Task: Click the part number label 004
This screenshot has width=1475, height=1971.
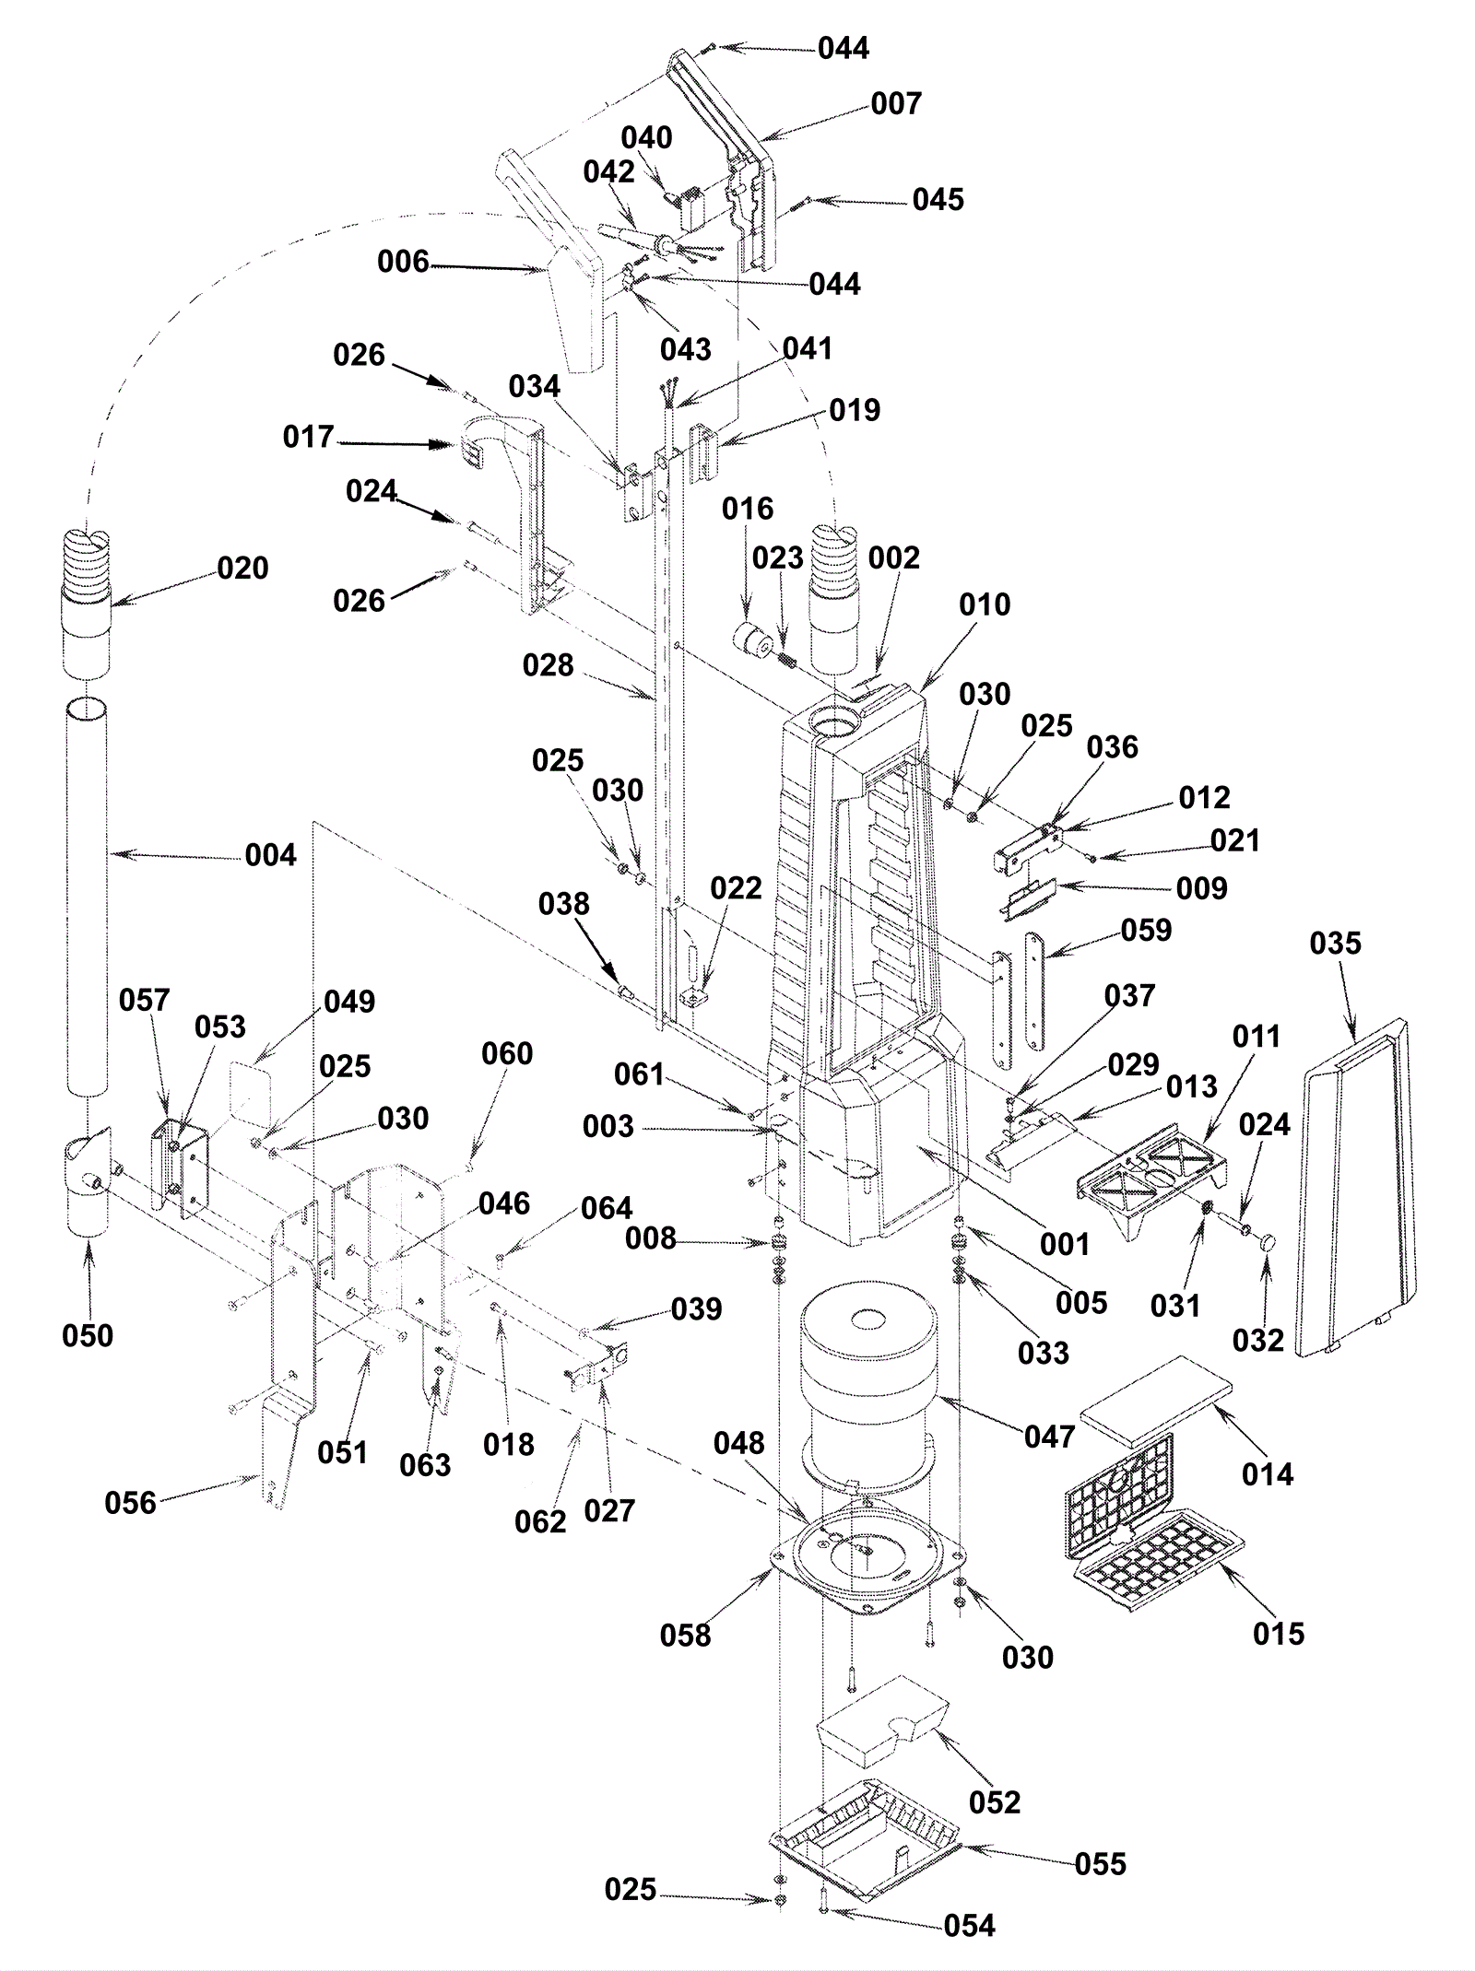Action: [x=271, y=855]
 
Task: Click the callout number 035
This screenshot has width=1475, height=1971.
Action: [x=1335, y=944]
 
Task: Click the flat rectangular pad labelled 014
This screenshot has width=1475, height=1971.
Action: [x=1156, y=1393]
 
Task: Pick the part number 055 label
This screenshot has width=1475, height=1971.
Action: [x=1101, y=1865]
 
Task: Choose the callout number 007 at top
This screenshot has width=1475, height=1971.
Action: [x=896, y=104]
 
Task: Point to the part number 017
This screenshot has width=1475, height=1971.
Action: [x=309, y=437]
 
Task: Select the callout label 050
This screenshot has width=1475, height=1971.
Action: [x=88, y=1336]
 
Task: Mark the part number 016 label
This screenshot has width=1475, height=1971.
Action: [x=748, y=509]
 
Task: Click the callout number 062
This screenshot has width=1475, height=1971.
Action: [x=541, y=1521]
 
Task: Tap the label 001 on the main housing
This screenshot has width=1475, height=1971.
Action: [x=1065, y=1245]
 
